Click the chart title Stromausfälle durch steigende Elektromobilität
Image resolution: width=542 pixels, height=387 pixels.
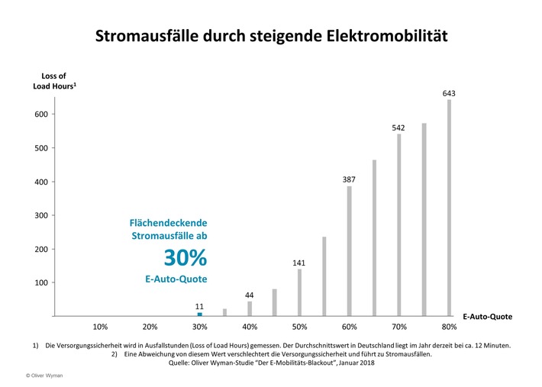click(271, 36)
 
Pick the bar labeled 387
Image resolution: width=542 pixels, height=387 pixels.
click(350, 251)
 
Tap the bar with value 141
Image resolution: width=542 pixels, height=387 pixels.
click(299, 292)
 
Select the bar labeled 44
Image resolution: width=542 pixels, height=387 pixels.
click(250, 308)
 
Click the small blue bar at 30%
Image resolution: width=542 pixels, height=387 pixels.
click(200, 314)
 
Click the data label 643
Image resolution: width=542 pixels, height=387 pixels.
click(449, 93)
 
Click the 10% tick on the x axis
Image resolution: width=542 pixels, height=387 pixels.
click(100, 327)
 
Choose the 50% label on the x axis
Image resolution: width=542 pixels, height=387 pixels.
click(299, 327)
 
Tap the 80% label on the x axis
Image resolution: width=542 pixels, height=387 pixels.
click(449, 327)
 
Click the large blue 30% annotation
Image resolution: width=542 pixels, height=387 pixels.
click(185, 258)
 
